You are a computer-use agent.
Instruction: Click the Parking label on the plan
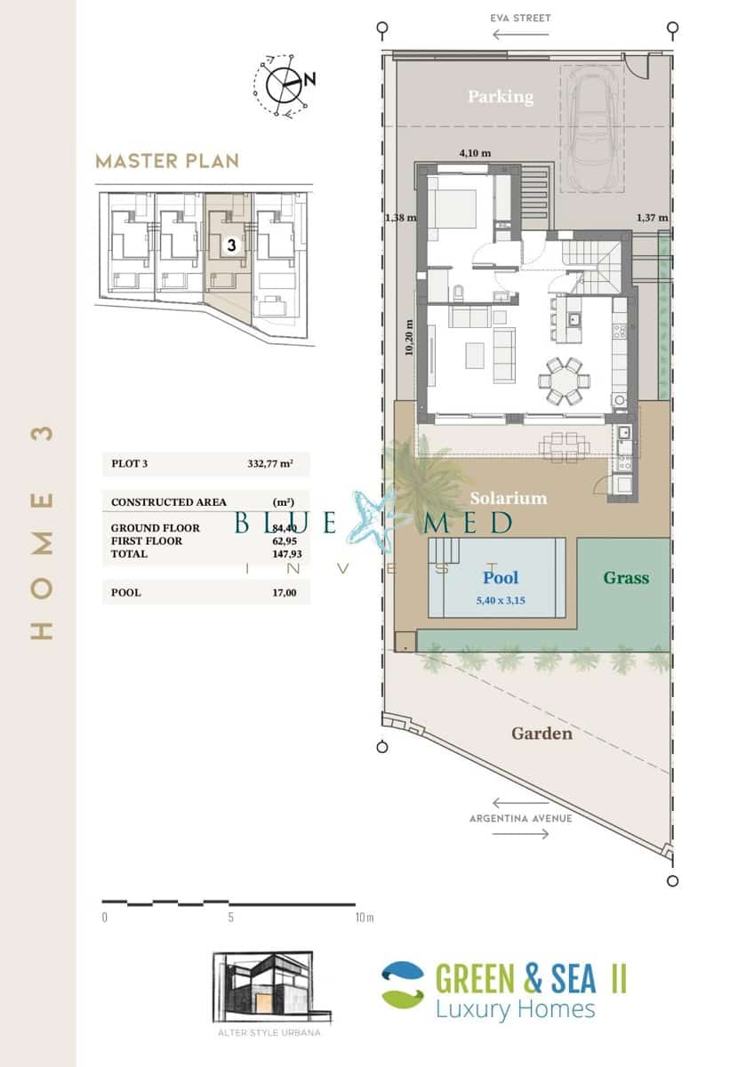[501, 96]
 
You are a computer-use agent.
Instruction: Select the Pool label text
[501, 577]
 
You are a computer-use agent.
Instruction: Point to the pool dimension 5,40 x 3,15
[501, 600]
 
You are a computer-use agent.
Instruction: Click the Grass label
[626, 578]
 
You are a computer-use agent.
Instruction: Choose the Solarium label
[508, 498]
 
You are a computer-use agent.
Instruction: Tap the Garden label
[541, 734]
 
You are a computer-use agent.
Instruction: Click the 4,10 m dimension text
[474, 153]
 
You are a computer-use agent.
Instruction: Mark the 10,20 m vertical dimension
[409, 337]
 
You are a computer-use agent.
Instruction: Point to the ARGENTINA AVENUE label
[520, 818]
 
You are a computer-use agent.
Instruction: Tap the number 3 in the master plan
[230, 245]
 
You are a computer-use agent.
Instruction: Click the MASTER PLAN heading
[167, 161]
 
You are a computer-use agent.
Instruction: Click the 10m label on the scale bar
[365, 917]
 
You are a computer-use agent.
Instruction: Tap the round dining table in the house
[561, 381]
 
